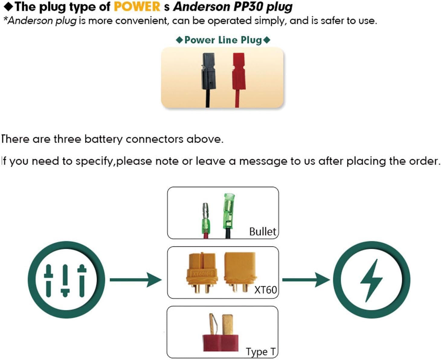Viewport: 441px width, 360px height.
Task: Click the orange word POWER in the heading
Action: [137, 7]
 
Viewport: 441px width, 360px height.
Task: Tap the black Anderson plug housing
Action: [208, 71]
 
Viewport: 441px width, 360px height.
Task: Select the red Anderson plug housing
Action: [239, 71]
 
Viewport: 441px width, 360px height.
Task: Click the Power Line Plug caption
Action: [223, 40]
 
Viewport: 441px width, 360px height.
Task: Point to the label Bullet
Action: [262, 232]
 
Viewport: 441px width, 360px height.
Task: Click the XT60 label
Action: [265, 290]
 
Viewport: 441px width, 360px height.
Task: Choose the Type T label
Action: [261, 352]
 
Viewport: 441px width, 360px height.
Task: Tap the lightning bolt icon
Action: [372, 280]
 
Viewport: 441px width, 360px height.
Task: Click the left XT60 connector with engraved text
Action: [202, 271]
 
